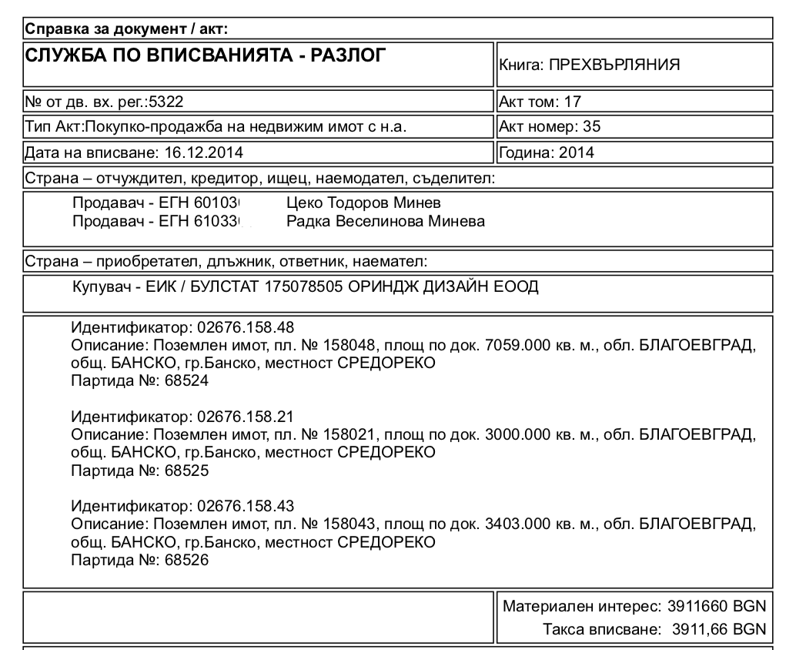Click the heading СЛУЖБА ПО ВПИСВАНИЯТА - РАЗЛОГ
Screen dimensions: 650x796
pos(205,55)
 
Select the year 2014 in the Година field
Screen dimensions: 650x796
pos(577,152)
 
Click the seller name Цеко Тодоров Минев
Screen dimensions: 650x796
pos(363,203)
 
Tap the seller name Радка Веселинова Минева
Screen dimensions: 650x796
pos(385,222)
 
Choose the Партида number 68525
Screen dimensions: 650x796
pos(186,471)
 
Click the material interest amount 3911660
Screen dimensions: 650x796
pos(700,607)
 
